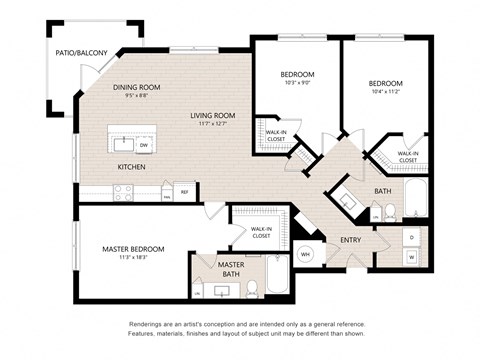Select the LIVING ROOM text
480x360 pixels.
[x=211, y=115]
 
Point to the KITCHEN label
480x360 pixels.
[x=132, y=166]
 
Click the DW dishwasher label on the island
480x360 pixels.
[x=145, y=146]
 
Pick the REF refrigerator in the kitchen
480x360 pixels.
[x=184, y=190]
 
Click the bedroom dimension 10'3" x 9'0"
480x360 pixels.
[x=297, y=84]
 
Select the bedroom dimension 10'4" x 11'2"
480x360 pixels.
[x=385, y=91]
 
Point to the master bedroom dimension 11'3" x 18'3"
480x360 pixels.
[x=133, y=258]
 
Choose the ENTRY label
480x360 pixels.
[x=350, y=240]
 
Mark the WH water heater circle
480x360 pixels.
[x=306, y=254]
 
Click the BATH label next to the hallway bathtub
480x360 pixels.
[x=382, y=190]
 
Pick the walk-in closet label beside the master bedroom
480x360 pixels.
[x=261, y=232]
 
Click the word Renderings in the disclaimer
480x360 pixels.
[x=148, y=325]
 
